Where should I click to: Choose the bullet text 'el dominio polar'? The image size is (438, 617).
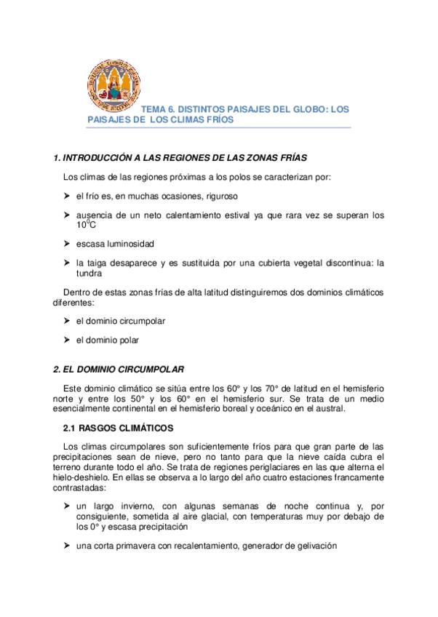[107, 339]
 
